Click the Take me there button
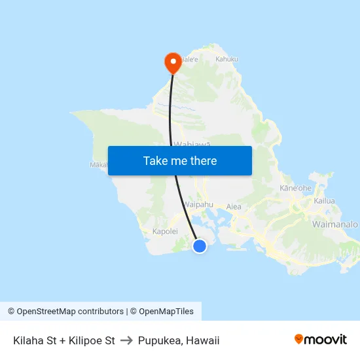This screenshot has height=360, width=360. tap(180, 160)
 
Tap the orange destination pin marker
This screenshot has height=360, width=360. tap(173, 62)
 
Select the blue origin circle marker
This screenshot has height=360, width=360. tap(200, 245)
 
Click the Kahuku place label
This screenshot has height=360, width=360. tap(226, 59)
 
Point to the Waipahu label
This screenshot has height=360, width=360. tap(198, 204)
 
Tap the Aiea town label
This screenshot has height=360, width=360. tap(234, 207)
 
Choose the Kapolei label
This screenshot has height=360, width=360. tap(165, 231)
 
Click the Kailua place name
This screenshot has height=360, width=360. tap(324, 201)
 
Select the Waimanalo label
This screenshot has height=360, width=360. tap(336, 224)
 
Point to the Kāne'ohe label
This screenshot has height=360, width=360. tap(296, 188)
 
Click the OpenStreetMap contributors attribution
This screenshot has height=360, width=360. tap(65, 312)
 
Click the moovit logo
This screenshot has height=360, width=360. tap(321, 339)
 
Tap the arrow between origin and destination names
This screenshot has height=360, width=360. tap(126, 340)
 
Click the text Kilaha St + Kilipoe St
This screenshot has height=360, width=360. tap(64, 340)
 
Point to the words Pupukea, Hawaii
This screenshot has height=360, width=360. tap(179, 340)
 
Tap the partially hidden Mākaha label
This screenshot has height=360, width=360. tap(98, 165)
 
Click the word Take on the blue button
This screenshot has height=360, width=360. tap(154, 160)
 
